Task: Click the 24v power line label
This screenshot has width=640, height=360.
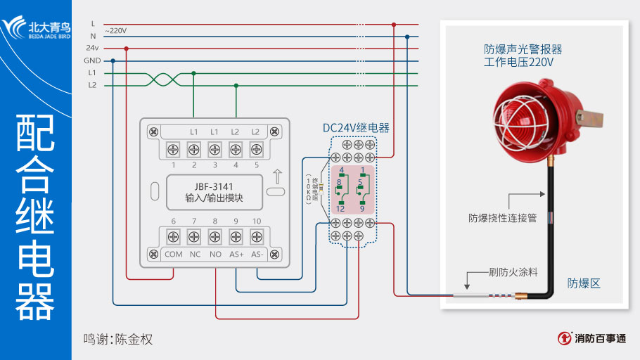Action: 92,49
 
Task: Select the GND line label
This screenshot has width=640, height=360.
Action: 92,60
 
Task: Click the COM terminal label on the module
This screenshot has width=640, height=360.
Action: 173,254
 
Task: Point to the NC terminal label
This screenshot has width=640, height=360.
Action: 195,254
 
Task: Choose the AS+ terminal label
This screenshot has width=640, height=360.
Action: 236,254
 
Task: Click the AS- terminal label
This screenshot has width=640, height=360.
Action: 257,254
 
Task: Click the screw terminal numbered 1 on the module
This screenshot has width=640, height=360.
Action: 173,149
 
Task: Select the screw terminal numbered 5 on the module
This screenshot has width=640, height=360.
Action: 257,149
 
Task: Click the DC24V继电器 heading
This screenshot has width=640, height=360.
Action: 356,128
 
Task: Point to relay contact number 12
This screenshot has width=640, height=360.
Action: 340,209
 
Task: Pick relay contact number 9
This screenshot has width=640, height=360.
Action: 362,209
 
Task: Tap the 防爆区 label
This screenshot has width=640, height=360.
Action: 584,283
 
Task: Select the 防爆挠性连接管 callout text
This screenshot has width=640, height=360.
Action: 502,218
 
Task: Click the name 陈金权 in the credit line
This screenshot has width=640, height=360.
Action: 134,339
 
